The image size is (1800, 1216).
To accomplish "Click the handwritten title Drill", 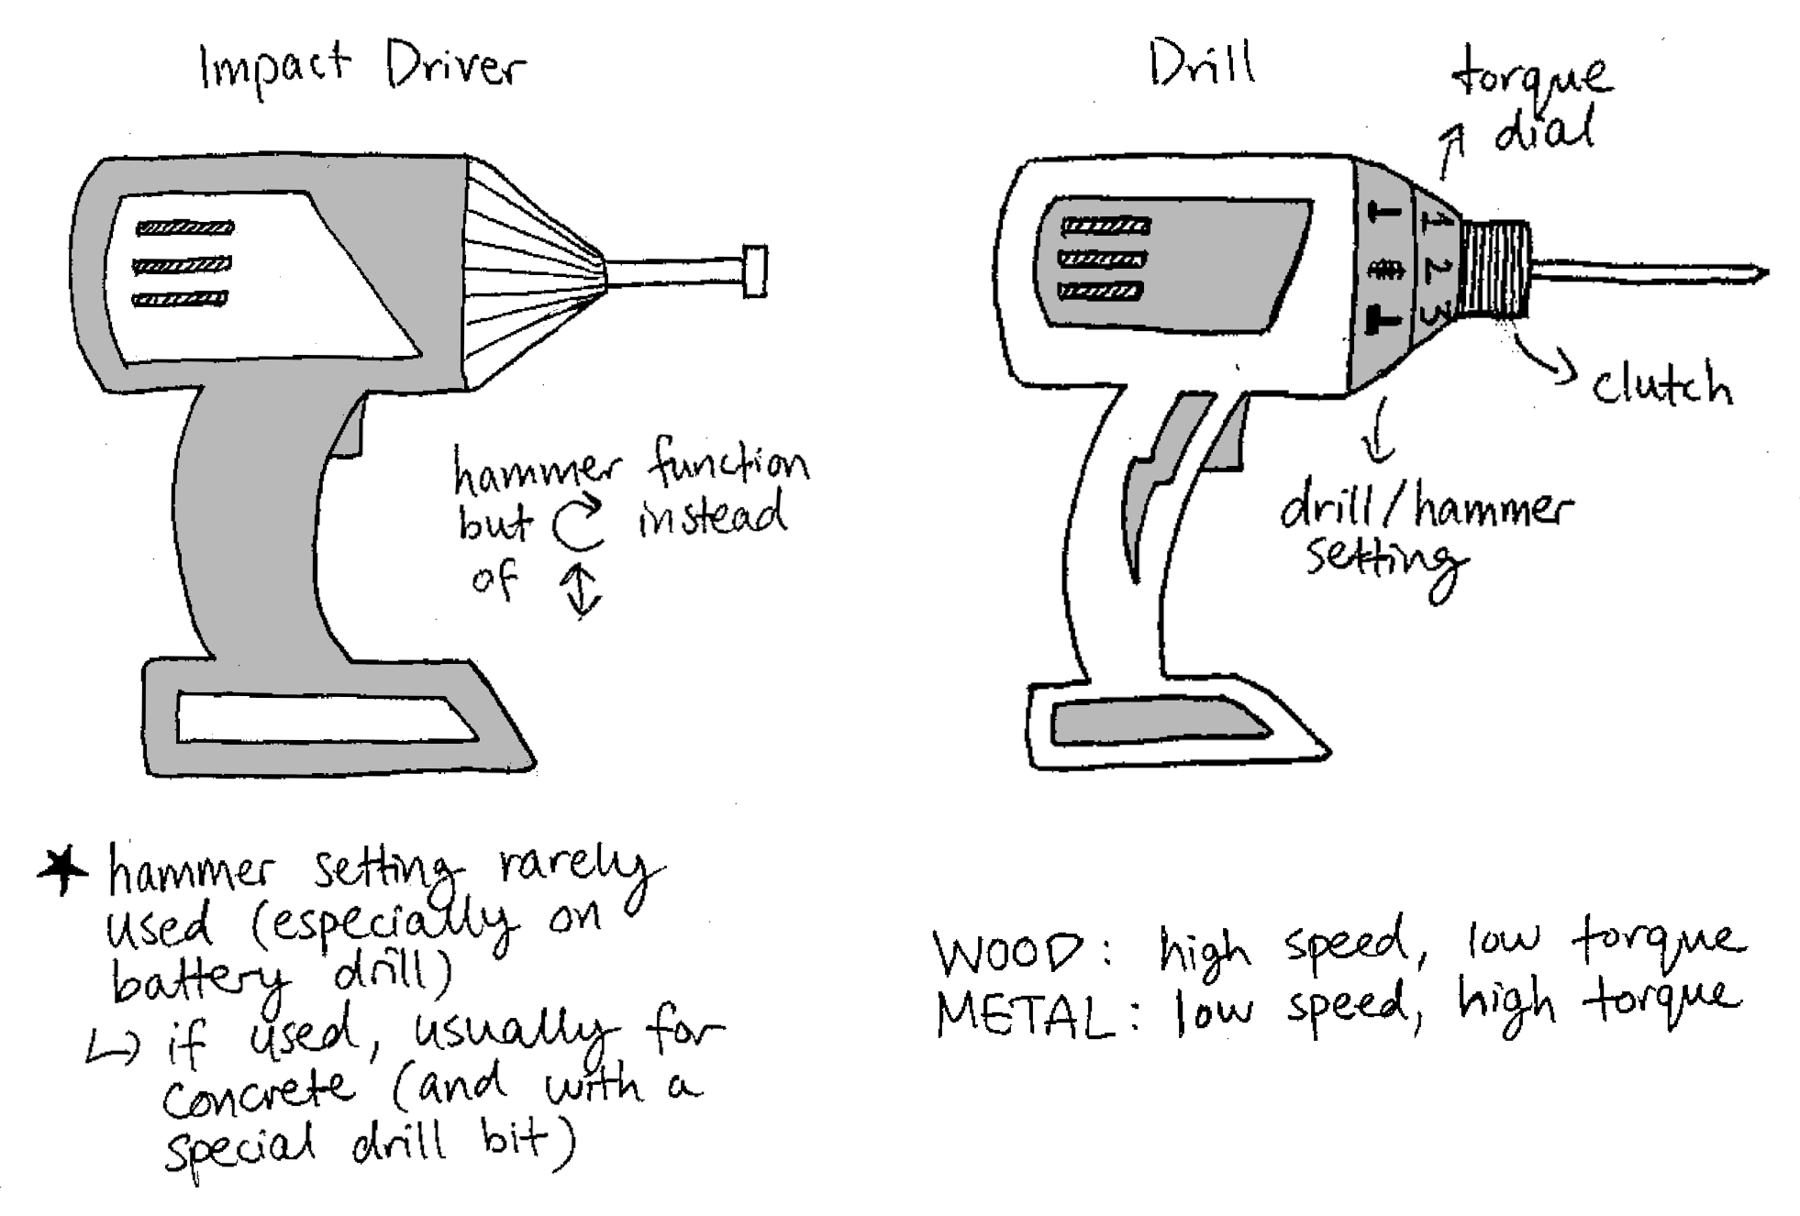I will pos(1202,62).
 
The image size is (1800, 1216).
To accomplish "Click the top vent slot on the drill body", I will pos(1105,226).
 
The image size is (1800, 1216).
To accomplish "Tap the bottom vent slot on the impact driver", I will pos(181,298).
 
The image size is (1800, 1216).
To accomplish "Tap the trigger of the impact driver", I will pos(352,431).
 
